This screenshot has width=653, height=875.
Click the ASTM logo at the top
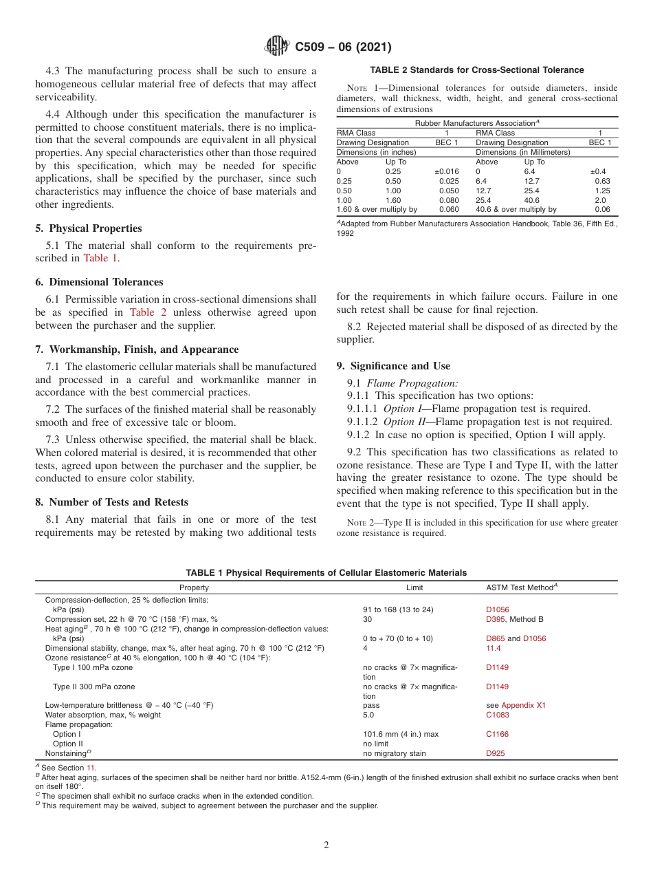click(x=277, y=47)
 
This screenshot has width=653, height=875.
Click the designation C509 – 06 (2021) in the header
click(x=343, y=47)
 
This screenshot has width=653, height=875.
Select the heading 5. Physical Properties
click(x=89, y=228)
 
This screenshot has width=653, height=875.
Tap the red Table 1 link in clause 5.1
click(x=100, y=258)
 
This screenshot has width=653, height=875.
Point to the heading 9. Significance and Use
click(x=393, y=366)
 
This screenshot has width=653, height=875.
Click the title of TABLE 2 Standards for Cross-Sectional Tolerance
click(x=476, y=70)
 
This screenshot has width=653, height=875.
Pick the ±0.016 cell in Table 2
click(x=446, y=171)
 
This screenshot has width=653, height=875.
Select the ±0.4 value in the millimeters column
click(x=598, y=171)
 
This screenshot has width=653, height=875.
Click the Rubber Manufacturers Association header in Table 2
click(x=476, y=123)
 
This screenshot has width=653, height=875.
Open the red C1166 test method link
click(x=497, y=734)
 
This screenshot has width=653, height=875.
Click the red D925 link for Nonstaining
click(x=495, y=753)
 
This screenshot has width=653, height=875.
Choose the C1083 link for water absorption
click(x=497, y=715)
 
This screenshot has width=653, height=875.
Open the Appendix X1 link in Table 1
click(x=523, y=705)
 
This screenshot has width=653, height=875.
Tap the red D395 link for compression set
click(x=496, y=619)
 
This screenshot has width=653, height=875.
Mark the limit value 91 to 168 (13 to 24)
click(x=398, y=609)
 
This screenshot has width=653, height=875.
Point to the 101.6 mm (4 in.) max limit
click(x=401, y=734)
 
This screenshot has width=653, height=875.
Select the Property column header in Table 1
click(x=194, y=587)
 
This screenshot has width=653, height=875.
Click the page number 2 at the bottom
click(x=326, y=845)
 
